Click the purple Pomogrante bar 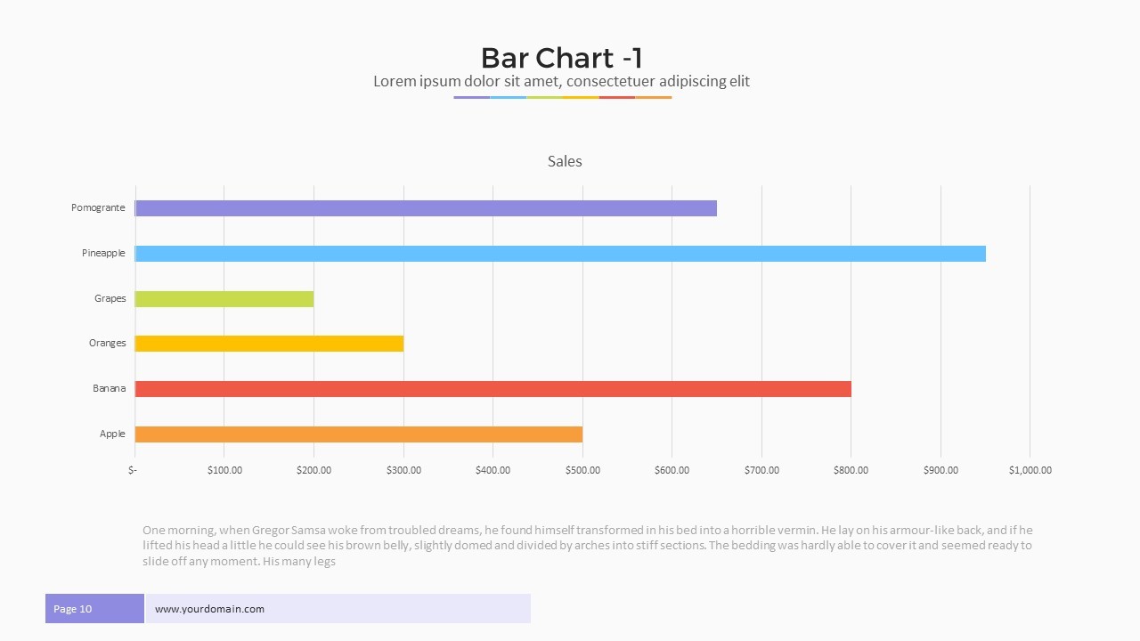point(426,208)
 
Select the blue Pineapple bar point(560,254)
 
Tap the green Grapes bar point(224,299)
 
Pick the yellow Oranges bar point(269,344)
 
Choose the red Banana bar point(493,389)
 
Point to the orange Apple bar point(359,434)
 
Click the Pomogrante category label point(98,208)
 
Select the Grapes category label point(110,299)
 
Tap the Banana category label point(109,389)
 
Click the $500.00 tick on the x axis point(582,470)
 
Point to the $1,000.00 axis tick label point(1030,470)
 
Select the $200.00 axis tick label point(313,470)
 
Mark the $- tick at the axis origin point(133,470)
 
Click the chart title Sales point(565,162)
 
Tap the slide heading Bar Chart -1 point(561,58)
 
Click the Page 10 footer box point(94,609)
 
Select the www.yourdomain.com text point(209,609)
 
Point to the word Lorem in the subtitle point(393,82)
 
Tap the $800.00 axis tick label point(851,470)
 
